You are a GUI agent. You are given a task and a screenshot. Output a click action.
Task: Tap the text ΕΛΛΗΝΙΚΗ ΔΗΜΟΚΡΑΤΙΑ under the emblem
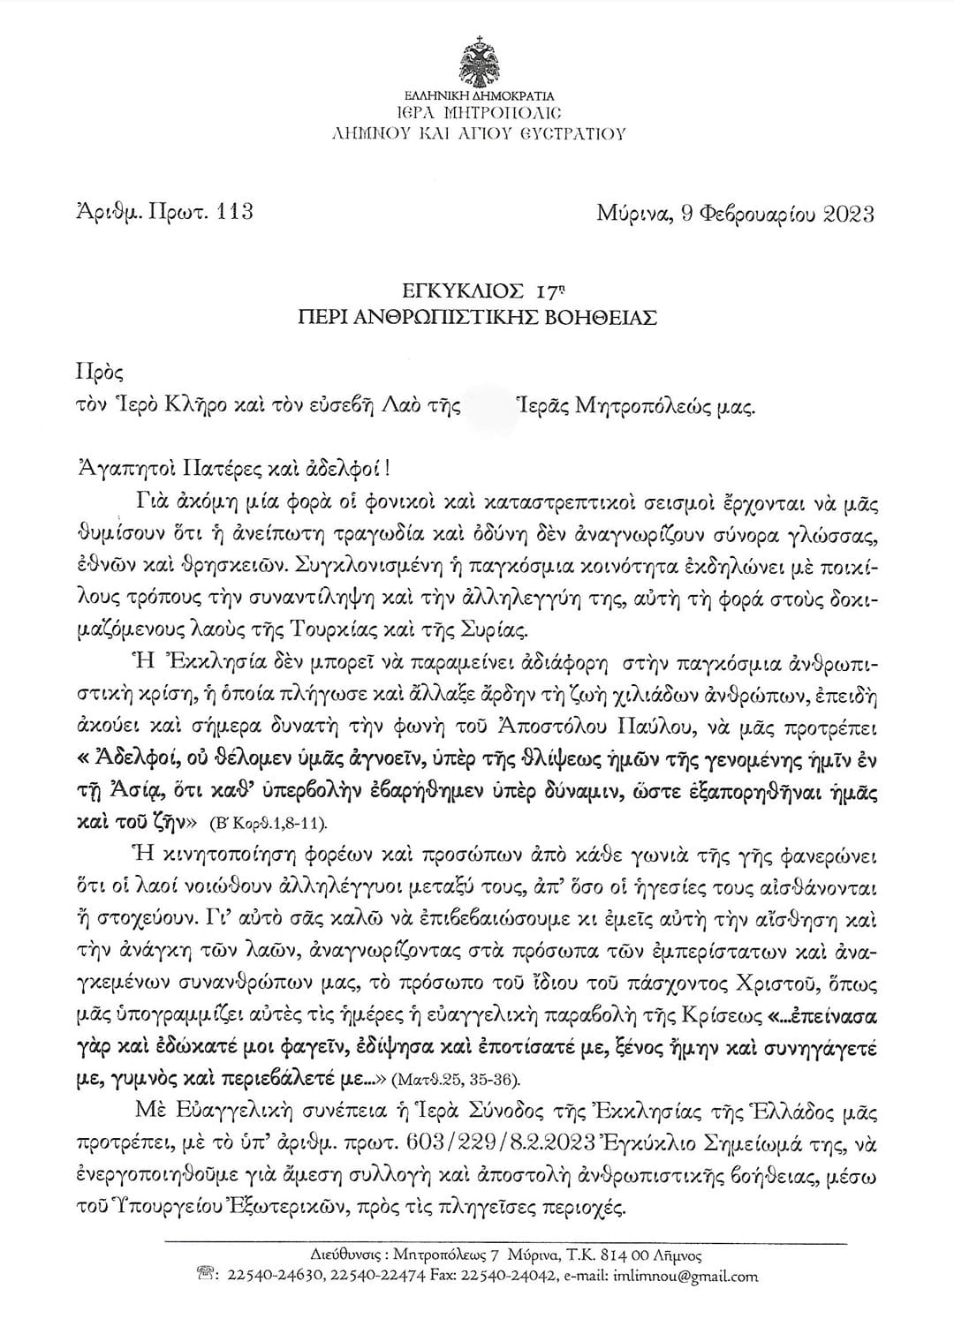[x=477, y=95]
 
